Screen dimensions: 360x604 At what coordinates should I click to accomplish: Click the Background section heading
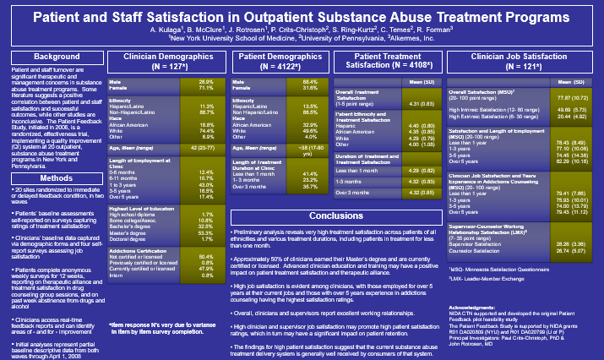point(52,56)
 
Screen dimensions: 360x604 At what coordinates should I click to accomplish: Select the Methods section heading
point(52,155)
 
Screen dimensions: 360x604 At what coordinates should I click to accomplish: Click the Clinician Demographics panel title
point(159,60)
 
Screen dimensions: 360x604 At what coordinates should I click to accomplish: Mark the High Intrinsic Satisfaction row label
point(492,109)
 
